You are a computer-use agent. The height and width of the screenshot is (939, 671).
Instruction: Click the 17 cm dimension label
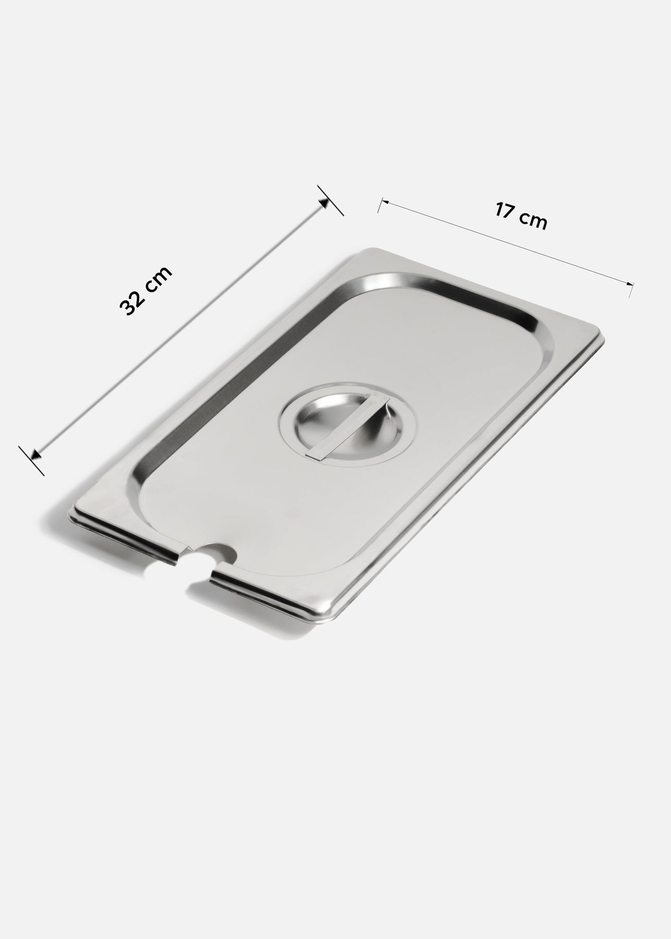(x=521, y=216)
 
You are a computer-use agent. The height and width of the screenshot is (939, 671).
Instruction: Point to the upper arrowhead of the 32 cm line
(x=324, y=203)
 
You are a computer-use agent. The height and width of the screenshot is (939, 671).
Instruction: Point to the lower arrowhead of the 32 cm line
(x=35, y=455)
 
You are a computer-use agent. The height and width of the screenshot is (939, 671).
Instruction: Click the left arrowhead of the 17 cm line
(x=385, y=201)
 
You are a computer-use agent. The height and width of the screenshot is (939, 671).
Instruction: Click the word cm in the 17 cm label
(x=533, y=221)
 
